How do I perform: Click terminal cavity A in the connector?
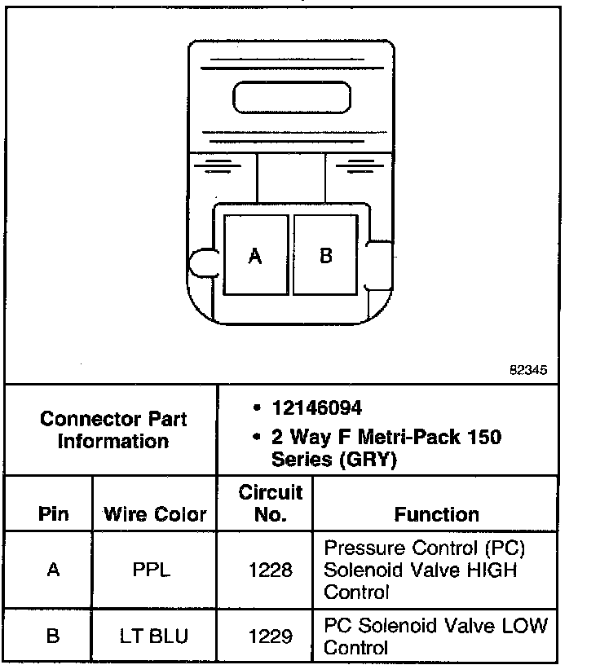click(x=255, y=255)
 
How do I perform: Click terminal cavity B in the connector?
click(x=326, y=255)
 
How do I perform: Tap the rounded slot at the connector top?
click(x=291, y=98)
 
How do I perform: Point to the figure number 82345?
click(x=527, y=369)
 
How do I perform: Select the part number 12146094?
click(x=317, y=407)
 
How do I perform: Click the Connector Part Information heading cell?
click(x=113, y=429)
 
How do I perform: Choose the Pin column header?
click(x=53, y=514)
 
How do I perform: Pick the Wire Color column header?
click(x=155, y=514)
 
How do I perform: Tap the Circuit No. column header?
click(x=270, y=503)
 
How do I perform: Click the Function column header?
click(x=436, y=514)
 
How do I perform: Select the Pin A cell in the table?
click(x=53, y=570)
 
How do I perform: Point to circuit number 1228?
click(x=270, y=570)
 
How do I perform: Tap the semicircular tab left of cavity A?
click(x=201, y=263)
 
